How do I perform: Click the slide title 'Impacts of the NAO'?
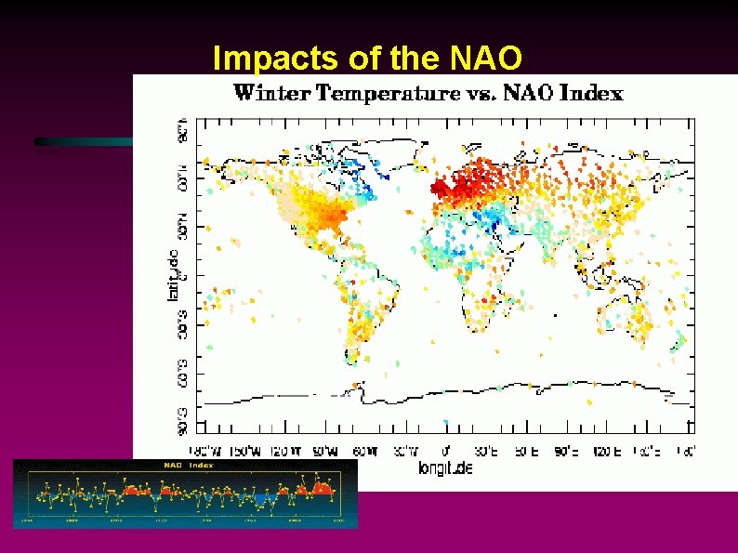(x=368, y=58)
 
